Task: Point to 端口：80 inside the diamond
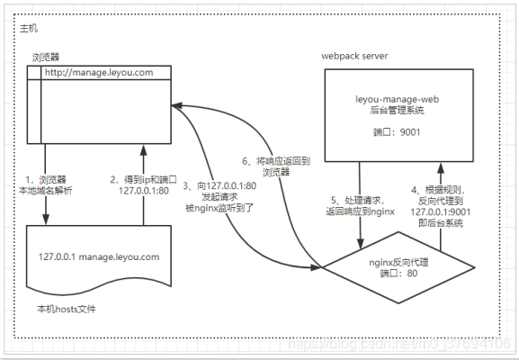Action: pyautogui.click(x=401, y=274)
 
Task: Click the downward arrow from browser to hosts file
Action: pyautogui.click(x=45, y=184)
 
